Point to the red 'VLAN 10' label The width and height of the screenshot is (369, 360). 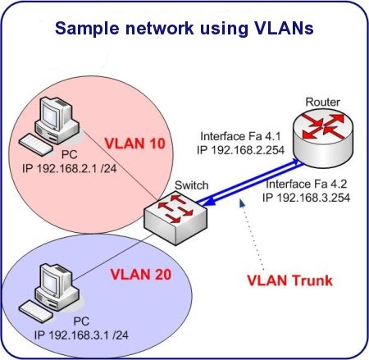(134, 144)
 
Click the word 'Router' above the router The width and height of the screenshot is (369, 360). (321, 101)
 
